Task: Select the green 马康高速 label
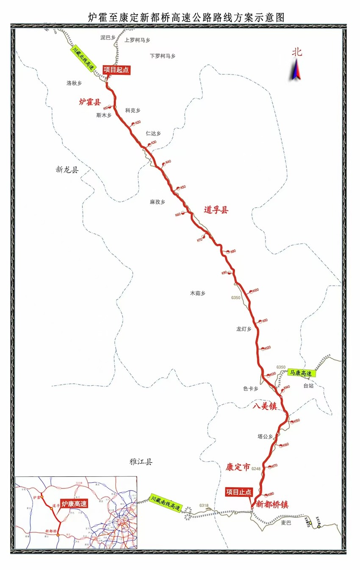[x=300, y=373]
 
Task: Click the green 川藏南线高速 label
[x=166, y=502]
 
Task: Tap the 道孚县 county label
[x=216, y=209]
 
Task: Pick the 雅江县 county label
[x=141, y=462]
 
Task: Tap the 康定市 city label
[x=238, y=467]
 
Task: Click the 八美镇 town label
[x=265, y=406]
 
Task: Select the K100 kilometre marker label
[x=255, y=290]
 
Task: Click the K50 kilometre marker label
[x=183, y=187]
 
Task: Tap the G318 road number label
[x=205, y=506]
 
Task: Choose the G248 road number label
[x=256, y=469]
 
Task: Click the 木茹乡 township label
[x=197, y=293]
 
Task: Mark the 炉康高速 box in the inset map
[x=74, y=504]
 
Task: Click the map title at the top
[x=186, y=17]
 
